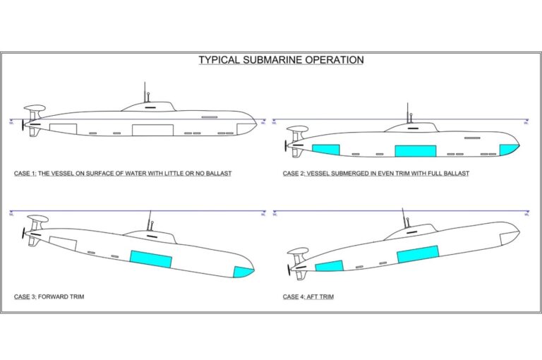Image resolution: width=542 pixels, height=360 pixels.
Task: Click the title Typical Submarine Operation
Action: click(x=281, y=60)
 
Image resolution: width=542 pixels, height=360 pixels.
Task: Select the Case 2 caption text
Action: click(x=376, y=173)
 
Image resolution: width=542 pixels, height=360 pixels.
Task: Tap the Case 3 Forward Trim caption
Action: click(x=49, y=296)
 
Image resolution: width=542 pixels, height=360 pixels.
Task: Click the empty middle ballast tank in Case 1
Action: click(x=152, y=129)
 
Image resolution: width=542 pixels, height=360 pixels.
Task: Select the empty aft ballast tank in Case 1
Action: click(x=62, y=129)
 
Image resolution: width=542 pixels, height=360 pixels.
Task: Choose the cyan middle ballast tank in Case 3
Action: click(x=151, y=258)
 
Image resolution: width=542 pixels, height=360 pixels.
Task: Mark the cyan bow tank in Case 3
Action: click(x=243, y=271)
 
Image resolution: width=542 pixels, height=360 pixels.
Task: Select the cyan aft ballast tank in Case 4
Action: click(x=329, y=266)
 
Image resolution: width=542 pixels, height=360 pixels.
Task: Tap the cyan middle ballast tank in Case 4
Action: click(x=418, y=254)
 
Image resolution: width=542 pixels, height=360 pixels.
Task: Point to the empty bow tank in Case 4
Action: click(x=509, y=237)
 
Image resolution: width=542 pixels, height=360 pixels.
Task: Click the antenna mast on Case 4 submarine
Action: click(x=404, y=217)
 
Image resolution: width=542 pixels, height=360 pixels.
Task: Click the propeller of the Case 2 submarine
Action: click(x=286, y=146)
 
